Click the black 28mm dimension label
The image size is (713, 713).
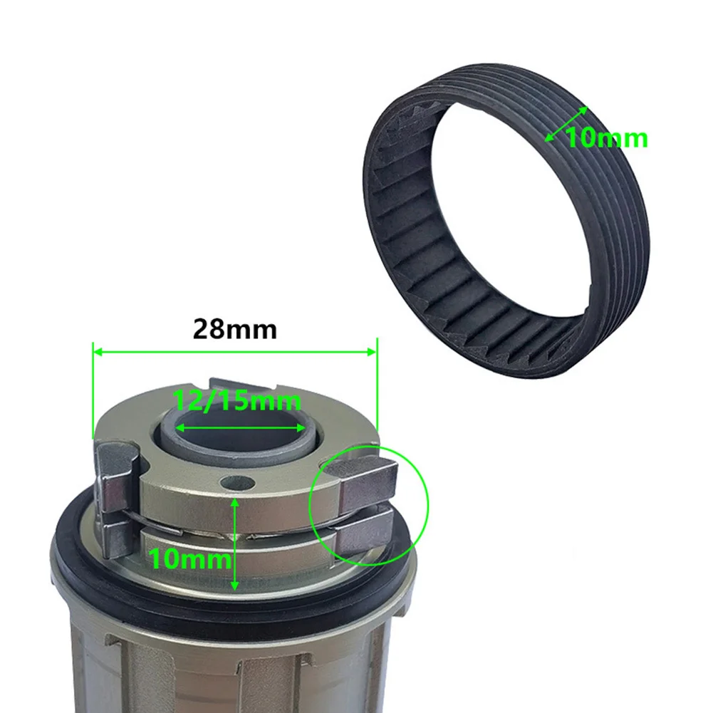coord(234,329)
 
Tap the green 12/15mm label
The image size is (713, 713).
coord(236,401)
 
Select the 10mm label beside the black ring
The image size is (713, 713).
coord(607,137)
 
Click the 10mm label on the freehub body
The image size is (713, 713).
coord(189,558)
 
